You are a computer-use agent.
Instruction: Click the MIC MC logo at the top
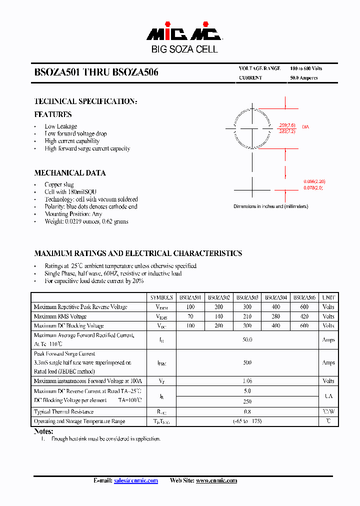point(184,33)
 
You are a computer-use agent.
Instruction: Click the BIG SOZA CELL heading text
point(184,49)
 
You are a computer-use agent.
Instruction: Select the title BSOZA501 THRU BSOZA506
point(96,72)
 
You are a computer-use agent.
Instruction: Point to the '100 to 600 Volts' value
point(306,68)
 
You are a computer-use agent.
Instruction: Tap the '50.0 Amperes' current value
point(303,78)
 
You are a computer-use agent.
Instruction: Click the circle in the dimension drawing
point(252,128)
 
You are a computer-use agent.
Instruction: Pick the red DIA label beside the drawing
point(305,127)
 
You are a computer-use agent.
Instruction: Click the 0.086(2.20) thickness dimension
point(314,181)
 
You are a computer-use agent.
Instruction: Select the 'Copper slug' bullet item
point(59,184)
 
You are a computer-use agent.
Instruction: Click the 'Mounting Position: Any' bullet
point(73,214)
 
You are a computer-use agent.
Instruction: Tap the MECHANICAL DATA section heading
point(70,173)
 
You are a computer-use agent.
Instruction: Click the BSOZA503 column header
point(247,297)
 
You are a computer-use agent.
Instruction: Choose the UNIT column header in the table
point(328,297)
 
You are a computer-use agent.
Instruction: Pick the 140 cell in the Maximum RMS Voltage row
point(218,316)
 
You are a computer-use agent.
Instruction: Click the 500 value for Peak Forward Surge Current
point(247,362)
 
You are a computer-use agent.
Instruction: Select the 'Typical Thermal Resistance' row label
point(63,411)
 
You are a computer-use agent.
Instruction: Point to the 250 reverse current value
point(247,401)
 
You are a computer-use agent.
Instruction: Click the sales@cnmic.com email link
point(136,480)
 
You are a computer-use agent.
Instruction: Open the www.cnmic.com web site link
point(216,480)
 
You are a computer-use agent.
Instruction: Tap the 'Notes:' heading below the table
point(43,431)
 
